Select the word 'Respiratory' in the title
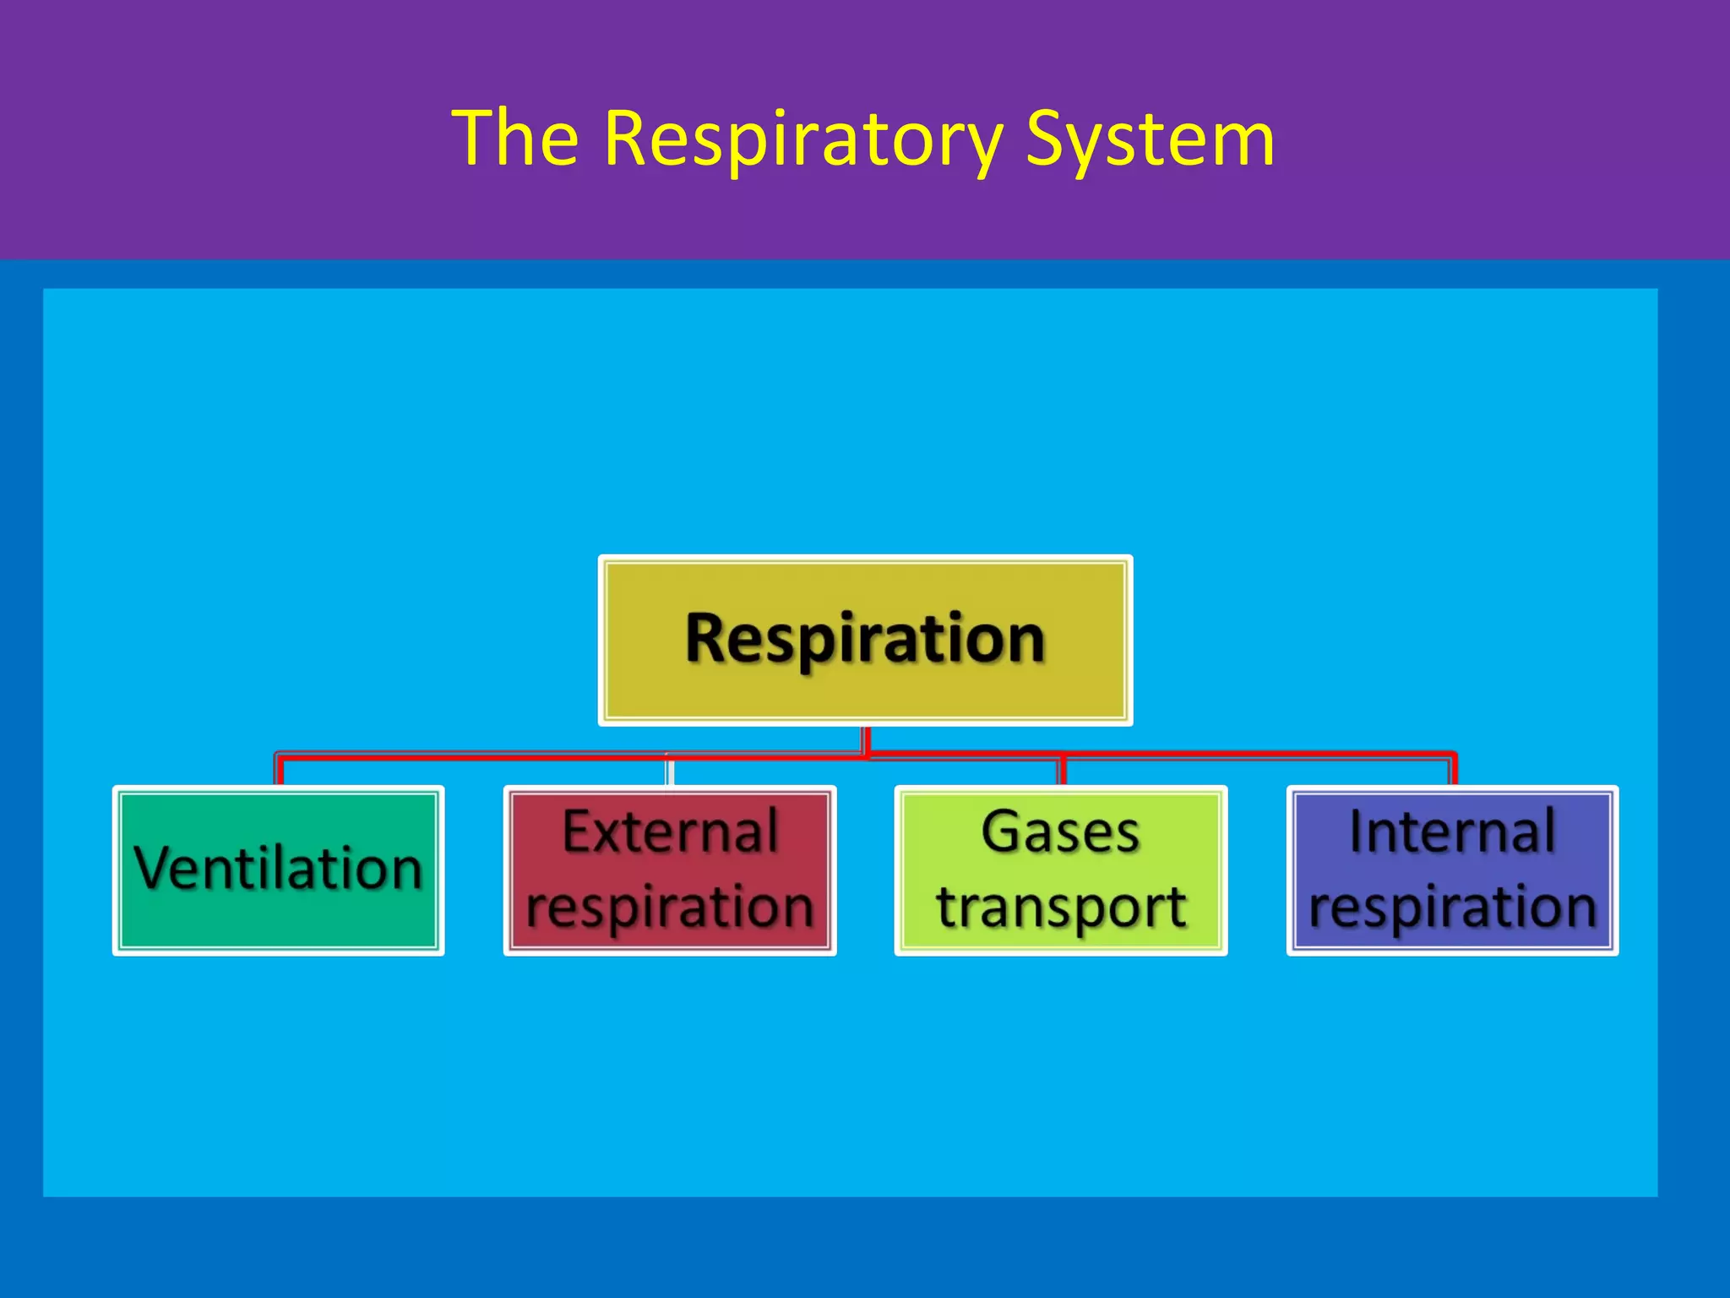[802, 139]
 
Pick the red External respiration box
[670, 870]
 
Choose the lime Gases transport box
[1061, 870]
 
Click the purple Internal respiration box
[1452, 870]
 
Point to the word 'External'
[670, 832]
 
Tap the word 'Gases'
[1061, 832]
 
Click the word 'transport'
[1061, 907]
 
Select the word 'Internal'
[1452, 832]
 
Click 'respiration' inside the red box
[670, 907]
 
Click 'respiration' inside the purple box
[1452, 907]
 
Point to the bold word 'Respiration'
[865, 639]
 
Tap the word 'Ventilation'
[278, 868]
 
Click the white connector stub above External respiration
[669, 772]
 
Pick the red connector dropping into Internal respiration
[1453, 769]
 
